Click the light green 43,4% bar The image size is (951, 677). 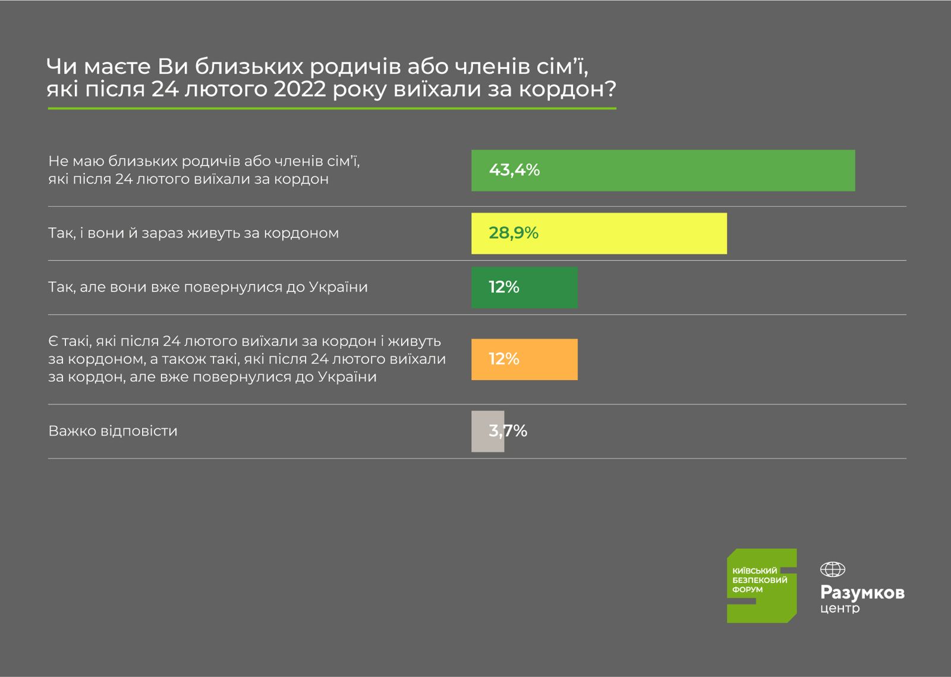pos(663,171)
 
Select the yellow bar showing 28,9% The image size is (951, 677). pos(599,233)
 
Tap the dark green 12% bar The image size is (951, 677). pos(524,287)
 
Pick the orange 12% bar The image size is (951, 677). pos(524,359)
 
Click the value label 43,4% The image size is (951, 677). pos(514,170)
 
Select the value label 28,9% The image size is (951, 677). pos(514,233)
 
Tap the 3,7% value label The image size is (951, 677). pos(508,431)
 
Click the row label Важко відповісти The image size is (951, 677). pos(113,431)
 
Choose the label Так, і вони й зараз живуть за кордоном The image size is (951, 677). pos(193,233)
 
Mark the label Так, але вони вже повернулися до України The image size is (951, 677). pos(207,287)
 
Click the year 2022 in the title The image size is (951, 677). pos(300,89)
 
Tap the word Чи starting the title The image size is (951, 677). pos(62,66)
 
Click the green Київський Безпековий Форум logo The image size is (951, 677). pos(761,585)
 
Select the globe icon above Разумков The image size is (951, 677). pos(832,569)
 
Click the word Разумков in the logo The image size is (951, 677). pos(862,593)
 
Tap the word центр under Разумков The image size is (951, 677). pos(840,609)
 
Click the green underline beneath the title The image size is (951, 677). pos(332,108)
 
